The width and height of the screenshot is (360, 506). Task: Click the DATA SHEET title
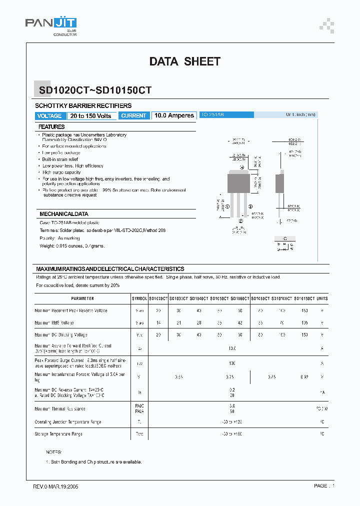pos(184,61)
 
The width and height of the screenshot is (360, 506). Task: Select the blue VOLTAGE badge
pos(49,115)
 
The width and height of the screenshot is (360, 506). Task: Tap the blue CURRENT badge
pos(134,115)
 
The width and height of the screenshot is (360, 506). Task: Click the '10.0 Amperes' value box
pos(174,115)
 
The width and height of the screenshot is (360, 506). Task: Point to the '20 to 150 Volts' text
pos(91,115)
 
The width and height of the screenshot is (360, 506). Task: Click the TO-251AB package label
pos(212,115)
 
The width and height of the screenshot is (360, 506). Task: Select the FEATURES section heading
pos(51,127)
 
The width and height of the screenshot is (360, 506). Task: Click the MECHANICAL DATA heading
pos(64,214)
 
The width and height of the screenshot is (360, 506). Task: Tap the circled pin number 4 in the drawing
pos(242,167)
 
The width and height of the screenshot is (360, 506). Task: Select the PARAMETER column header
pos(82,298)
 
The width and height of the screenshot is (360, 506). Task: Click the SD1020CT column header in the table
pos(158,298)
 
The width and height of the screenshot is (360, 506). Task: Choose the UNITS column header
pos(322,298)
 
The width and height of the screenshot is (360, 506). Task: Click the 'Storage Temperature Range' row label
pos(58,434)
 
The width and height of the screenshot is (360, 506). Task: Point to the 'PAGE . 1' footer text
pos(324,486)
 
